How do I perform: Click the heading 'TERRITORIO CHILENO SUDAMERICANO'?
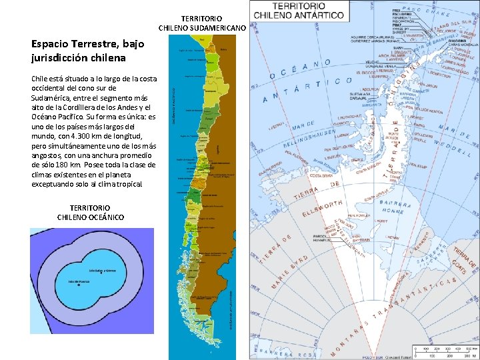pyautogui.click(x=202, y=23)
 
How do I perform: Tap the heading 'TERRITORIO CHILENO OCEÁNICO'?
pyautogui.click(x=90, y=213)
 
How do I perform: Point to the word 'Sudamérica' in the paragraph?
pyautogui.click(x=52, y=97)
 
